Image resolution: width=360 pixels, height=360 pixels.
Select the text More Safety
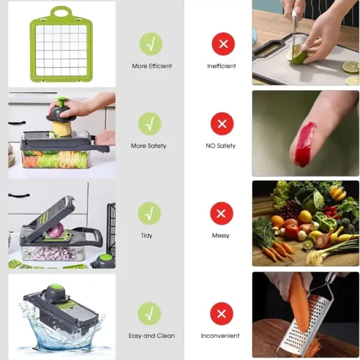(x=149, y=146)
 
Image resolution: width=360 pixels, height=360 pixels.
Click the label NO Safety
(x=221, y=146)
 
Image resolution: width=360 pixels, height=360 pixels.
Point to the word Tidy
(x=147, y=236)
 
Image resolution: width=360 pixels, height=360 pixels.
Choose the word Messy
(x=221, y=236)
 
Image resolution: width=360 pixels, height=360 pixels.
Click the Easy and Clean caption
(x=151, y=336)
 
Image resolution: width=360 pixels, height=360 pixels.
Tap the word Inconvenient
(x=220, y=336)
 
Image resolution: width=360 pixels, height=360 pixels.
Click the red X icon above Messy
(x=221, y=214)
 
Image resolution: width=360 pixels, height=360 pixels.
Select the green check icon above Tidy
(x=149, y=214)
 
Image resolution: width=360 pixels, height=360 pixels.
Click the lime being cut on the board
(x=296, y=56)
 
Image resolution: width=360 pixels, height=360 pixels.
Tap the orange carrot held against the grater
(x=299, y=300)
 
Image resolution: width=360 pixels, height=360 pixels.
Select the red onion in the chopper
(x=55, y=230)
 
